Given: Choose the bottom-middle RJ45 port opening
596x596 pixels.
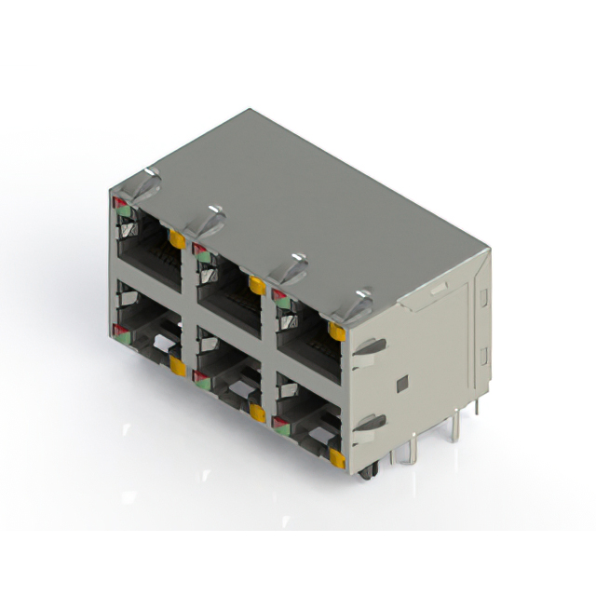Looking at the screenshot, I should (x=229, y=391).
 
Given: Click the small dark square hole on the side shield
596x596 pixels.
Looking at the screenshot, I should (x=401, y=383).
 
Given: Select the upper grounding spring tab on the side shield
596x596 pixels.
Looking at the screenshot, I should (x=370, y=347).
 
